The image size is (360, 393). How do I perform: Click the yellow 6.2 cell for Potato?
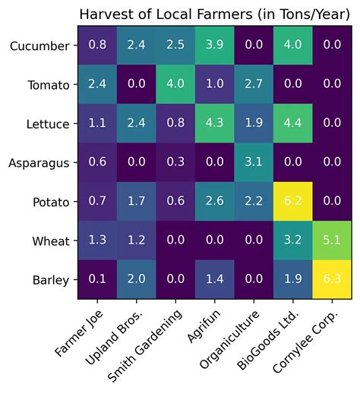[x=292, y=202]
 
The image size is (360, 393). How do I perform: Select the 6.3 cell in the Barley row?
[x=332, y=279]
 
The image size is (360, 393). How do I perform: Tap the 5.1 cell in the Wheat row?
[x=332, y=241]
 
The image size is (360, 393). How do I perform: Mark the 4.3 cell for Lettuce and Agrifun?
[x=215, y=124]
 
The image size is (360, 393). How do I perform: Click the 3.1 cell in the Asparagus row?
[x=254, y=163]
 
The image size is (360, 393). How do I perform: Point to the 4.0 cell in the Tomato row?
[x=175, y=85]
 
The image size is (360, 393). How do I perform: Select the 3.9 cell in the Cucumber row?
[x=215, y=46]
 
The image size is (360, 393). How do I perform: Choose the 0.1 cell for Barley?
[x=97, y=279]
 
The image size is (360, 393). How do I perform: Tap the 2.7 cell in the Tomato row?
[x=254, y=85]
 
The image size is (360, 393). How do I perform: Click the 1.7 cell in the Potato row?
[x=137, y=202]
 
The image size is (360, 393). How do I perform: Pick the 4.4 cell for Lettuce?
[x=292, y=124]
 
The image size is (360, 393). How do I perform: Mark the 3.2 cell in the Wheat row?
[x=292, y=241]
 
